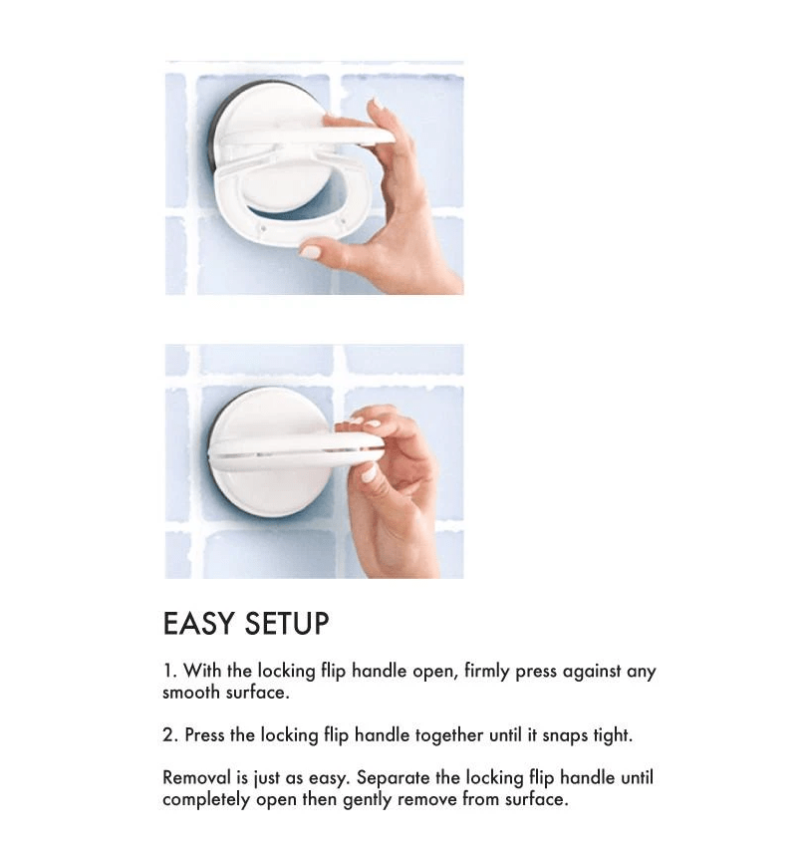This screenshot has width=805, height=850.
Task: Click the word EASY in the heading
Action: point(198,623)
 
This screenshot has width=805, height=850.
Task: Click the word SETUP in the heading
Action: point(287,623)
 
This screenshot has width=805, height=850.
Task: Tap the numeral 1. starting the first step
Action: point(169,671)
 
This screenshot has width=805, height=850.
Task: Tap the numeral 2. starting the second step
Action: point(170,735)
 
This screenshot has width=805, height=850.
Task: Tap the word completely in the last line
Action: point(206,800)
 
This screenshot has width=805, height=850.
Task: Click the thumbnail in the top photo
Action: point(311,251)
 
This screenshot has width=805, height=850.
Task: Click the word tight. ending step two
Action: point(613,736)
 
